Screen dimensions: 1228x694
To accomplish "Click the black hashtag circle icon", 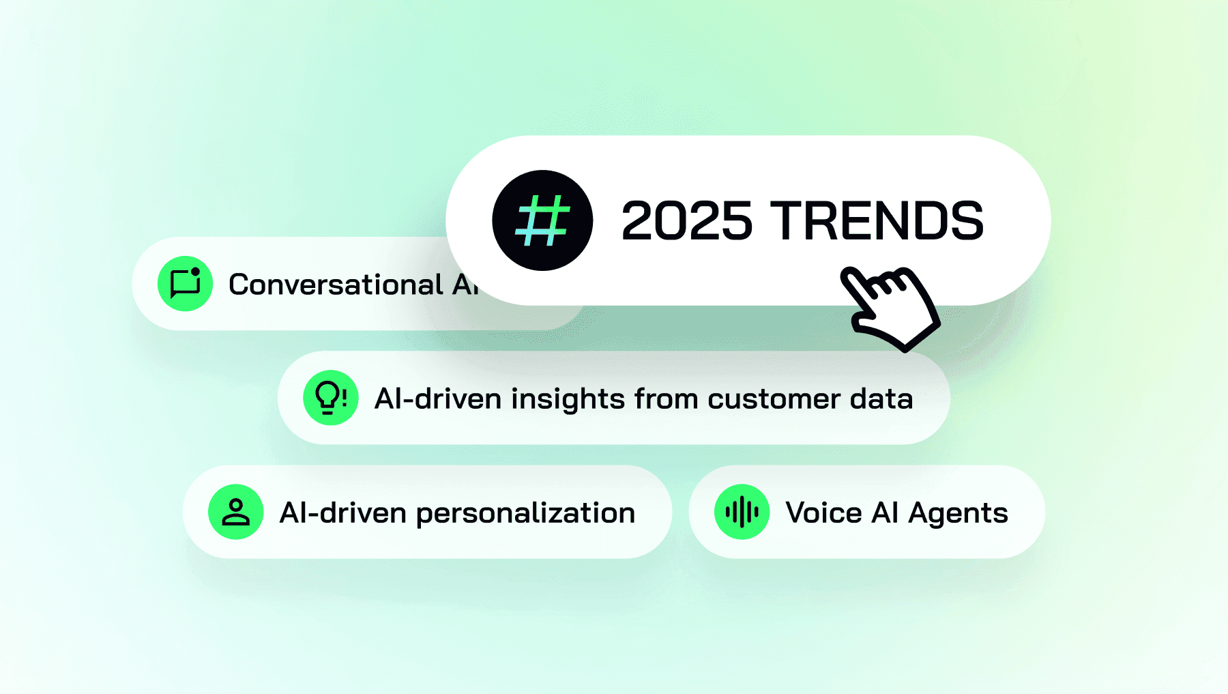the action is click(542, 220).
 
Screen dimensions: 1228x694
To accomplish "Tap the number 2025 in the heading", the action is click(686, 221).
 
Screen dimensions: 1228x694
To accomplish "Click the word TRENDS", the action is click(877, 221).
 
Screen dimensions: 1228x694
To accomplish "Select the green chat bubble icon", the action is click(185, 284).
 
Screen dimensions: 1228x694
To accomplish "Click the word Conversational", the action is click(336, 285).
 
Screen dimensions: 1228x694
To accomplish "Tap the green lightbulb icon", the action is click(331, 398).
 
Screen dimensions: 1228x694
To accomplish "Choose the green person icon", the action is click(236, 512).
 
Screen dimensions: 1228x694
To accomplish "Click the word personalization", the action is click(525, 513).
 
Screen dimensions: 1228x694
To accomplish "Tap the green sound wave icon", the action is click(742, 512).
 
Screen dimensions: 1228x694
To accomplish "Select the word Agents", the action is click(958, 514).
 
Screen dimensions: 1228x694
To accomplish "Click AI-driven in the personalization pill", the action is click(343, 513).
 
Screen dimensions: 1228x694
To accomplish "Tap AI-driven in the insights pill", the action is click(438, 399).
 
